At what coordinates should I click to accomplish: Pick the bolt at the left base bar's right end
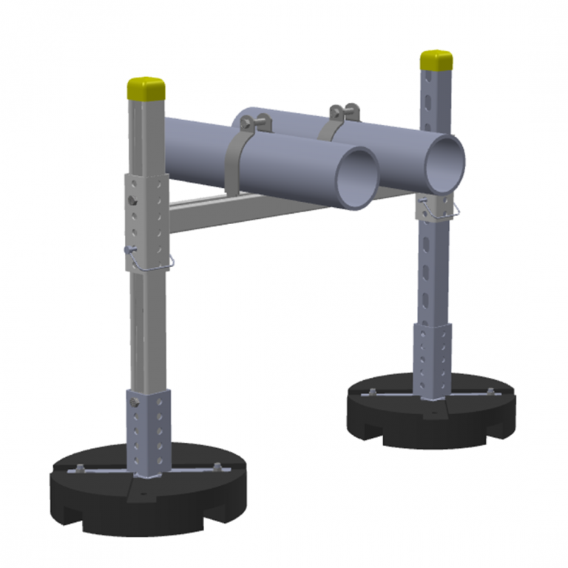(216, 465)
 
